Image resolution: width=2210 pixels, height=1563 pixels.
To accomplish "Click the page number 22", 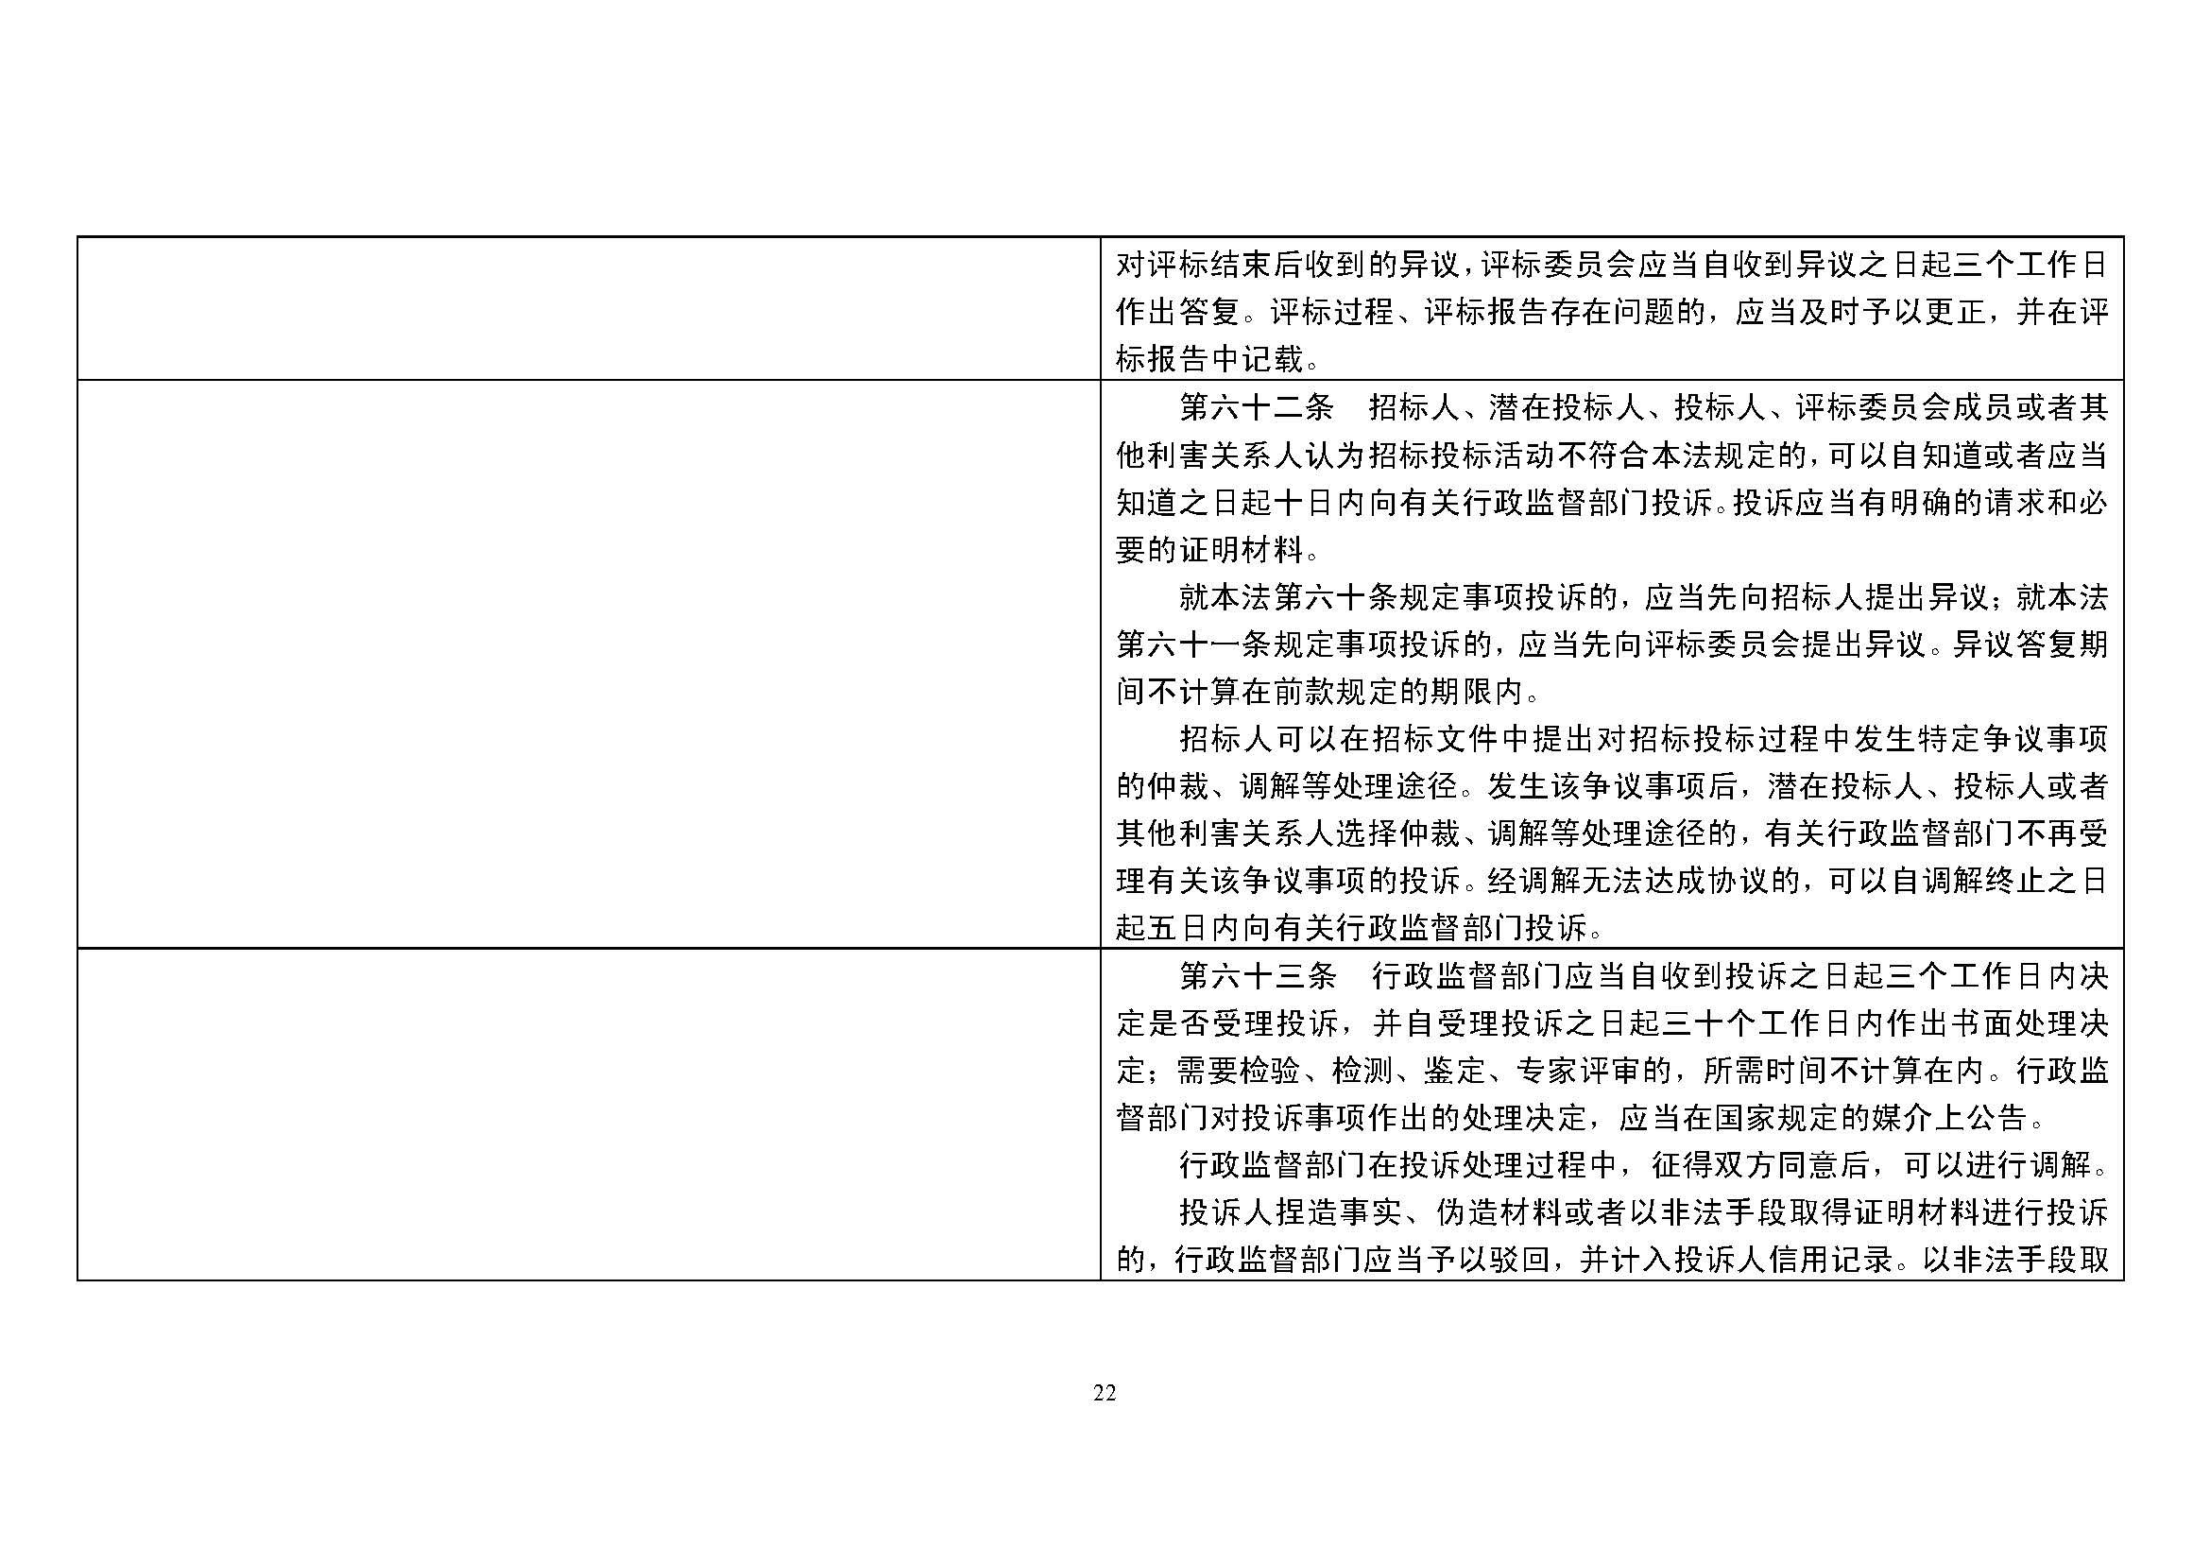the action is (x=1104, y=1393).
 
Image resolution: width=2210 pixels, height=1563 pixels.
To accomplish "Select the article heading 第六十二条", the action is (x=1256, y=408).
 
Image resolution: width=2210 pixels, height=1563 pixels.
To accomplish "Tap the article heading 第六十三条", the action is (x=1257, y=977).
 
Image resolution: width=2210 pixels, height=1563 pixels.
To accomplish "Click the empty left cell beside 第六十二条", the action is (x=588, y=664).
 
